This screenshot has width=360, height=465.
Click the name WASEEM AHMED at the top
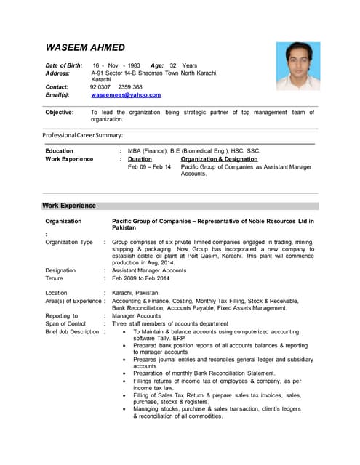[85, 48]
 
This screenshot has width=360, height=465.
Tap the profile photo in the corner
[297, 66]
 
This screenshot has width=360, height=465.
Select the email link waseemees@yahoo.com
[126, 95]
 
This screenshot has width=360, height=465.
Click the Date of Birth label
[64, 65]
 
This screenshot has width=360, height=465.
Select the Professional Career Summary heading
[82, 135]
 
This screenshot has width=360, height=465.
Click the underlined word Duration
[140, 159]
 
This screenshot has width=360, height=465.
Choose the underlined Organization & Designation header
[219, 159]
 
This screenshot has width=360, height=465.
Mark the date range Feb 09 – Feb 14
[149, 167]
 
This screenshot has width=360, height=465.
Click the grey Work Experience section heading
[69, 206]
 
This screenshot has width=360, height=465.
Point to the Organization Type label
[69, 243]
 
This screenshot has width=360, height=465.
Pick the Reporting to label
[61, 316]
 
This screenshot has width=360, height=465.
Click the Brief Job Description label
[72, 331]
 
